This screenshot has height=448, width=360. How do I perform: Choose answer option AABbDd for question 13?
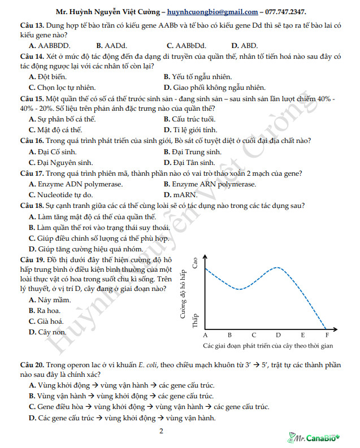pos(186,46)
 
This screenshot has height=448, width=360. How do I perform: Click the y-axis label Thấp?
pos(196,321)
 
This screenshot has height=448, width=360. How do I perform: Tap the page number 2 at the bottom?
pos(161,432)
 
